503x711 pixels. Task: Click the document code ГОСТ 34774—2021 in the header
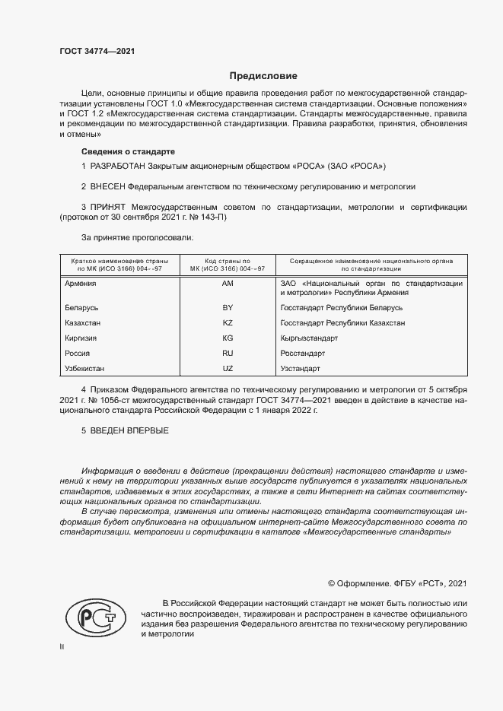click(x=97, y=52)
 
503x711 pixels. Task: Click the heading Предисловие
click(x=263, y=76)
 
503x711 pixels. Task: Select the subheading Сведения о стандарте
click(x=128, y=151)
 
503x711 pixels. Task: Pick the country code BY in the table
click(x=227, y=308)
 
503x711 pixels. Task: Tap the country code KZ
click(x=227, y=323)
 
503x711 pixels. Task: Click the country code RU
click(x=227, y=354)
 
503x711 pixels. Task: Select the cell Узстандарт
click(x=301, y=369)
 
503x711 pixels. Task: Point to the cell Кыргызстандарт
click(x=310, y=338)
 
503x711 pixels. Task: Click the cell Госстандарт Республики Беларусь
click(x=342, y=308)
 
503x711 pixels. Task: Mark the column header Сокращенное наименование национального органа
click(x=371, y=261)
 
